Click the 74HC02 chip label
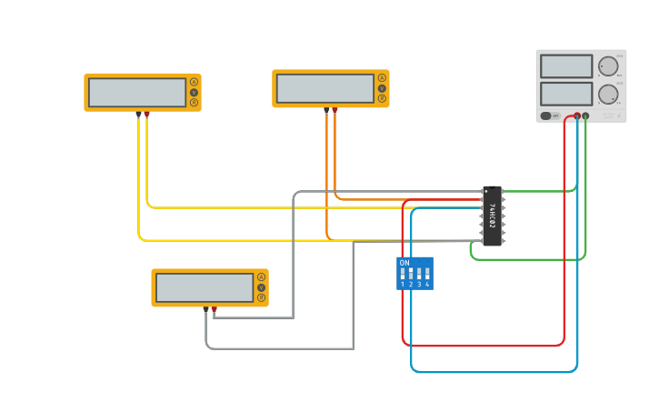(x=492, y=216)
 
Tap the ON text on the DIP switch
(x=404, y=263)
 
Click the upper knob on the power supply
(x=607, y=65)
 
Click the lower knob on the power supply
(x=607, y=94)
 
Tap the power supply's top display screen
(x=566, y=66)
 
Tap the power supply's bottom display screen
(x=566, y=94)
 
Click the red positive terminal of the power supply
(x=576, y=116)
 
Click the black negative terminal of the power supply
(x=585, y=116)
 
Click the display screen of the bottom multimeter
(x=205, y=287)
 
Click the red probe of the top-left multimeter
(x=147, y=115)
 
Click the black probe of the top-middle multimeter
(x=326, y=110)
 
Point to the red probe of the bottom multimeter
(x=215, y=310)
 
